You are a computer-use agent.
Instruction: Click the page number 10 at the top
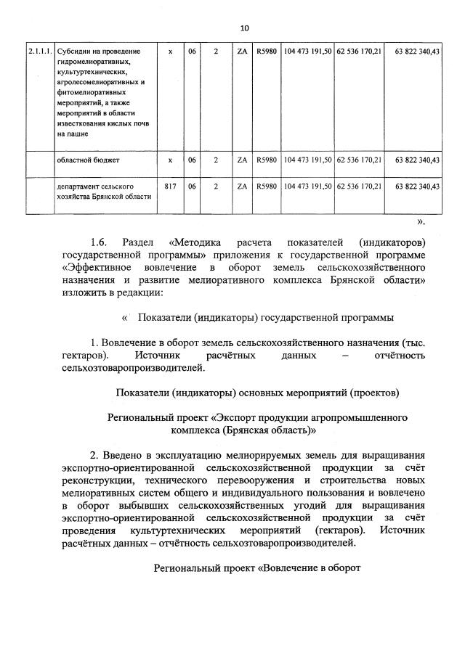(x=244, y=28)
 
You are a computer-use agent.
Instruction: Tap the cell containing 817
(x=171, y=186)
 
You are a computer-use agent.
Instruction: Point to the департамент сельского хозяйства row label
(x=103, y=192)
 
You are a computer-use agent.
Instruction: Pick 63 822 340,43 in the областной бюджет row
(x=417, y=159)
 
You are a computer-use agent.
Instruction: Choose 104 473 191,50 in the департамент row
(x=307, y=186)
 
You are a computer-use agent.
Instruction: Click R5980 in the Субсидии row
(x=267, y=52)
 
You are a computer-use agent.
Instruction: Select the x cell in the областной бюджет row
(x=171, y=159)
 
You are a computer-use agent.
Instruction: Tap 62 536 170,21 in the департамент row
(x=359, y=186)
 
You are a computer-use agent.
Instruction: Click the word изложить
(x=86, y=292)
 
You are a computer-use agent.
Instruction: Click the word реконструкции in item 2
(x=98, y=480)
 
